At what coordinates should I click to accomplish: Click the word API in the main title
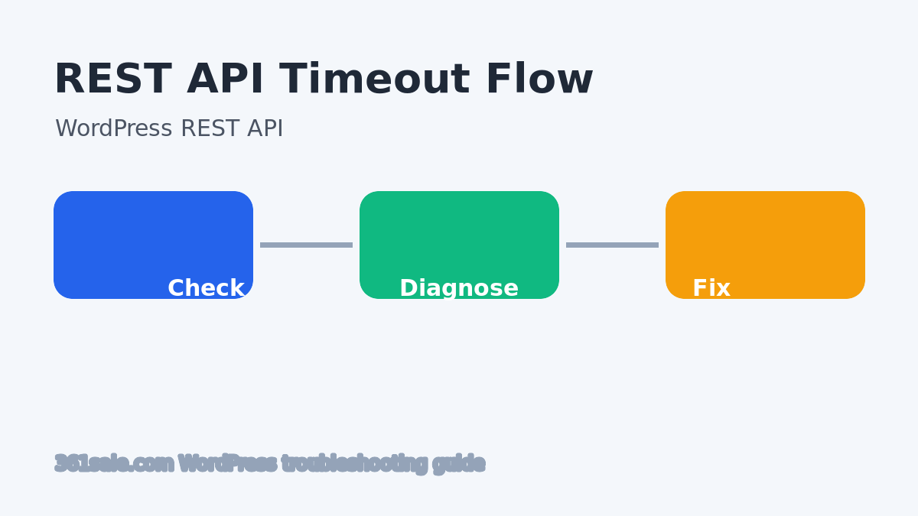pos(225,80)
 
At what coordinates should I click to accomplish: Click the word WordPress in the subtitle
pos(113,129)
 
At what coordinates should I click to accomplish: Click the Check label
pos(206,289)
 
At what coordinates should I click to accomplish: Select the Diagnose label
pos(459,289)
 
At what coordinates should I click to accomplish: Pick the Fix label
pos(711,289)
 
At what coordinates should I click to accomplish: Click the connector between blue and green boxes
pos(306,245)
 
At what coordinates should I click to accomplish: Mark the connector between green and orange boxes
pos(612,245)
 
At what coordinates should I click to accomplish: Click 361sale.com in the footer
pos(114,464)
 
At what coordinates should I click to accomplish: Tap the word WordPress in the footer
pos(227,464)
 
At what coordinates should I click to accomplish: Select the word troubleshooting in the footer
pos(354,464)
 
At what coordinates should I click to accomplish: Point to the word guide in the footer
pos(459,464)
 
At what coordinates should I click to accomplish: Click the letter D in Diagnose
pos(408,289)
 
